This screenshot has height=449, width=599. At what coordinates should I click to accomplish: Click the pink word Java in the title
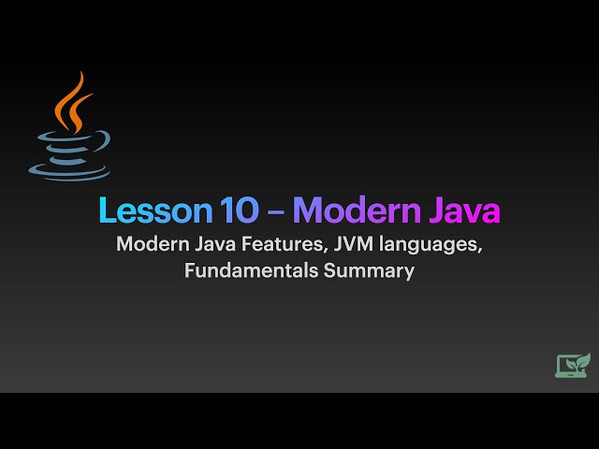tap(464, 210)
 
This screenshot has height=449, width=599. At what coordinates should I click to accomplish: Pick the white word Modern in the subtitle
tap(149, 246)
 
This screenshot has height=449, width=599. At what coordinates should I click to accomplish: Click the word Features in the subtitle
tap(275, 246)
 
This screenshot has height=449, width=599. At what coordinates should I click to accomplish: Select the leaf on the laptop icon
tap(582, 358)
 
